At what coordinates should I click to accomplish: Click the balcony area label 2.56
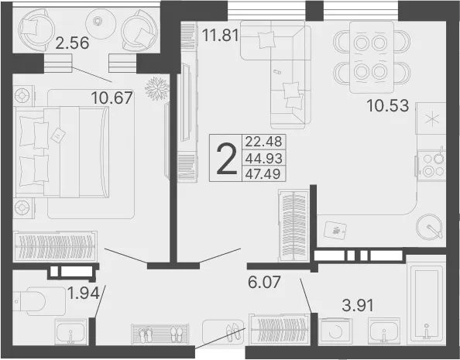tap(72, 43)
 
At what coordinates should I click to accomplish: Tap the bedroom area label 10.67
tap(112, 98)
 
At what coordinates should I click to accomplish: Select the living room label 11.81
tap(220, 36)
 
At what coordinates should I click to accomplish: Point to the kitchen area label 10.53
tap(387, 105)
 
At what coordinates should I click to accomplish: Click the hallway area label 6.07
tap(264, 282)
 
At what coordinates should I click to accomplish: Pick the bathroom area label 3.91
tap(358, 306)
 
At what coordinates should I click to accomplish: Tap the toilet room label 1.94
tap(84, 293)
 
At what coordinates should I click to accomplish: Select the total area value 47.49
tap(263, 174)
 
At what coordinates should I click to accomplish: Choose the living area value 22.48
tap(263, 141)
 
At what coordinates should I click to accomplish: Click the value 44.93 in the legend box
tap(264, 159)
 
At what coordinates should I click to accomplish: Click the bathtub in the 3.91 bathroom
tap(426, 303)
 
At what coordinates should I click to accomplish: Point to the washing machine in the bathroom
tap(335, 331)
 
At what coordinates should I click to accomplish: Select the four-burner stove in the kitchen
tap(431, 165)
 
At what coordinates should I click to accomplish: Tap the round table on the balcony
tap(98, 21)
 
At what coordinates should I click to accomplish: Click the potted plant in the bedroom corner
tap(157, 88)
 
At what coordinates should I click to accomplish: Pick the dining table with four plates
tap(372, 57)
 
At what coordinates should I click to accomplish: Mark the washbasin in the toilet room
tap(70, 331)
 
